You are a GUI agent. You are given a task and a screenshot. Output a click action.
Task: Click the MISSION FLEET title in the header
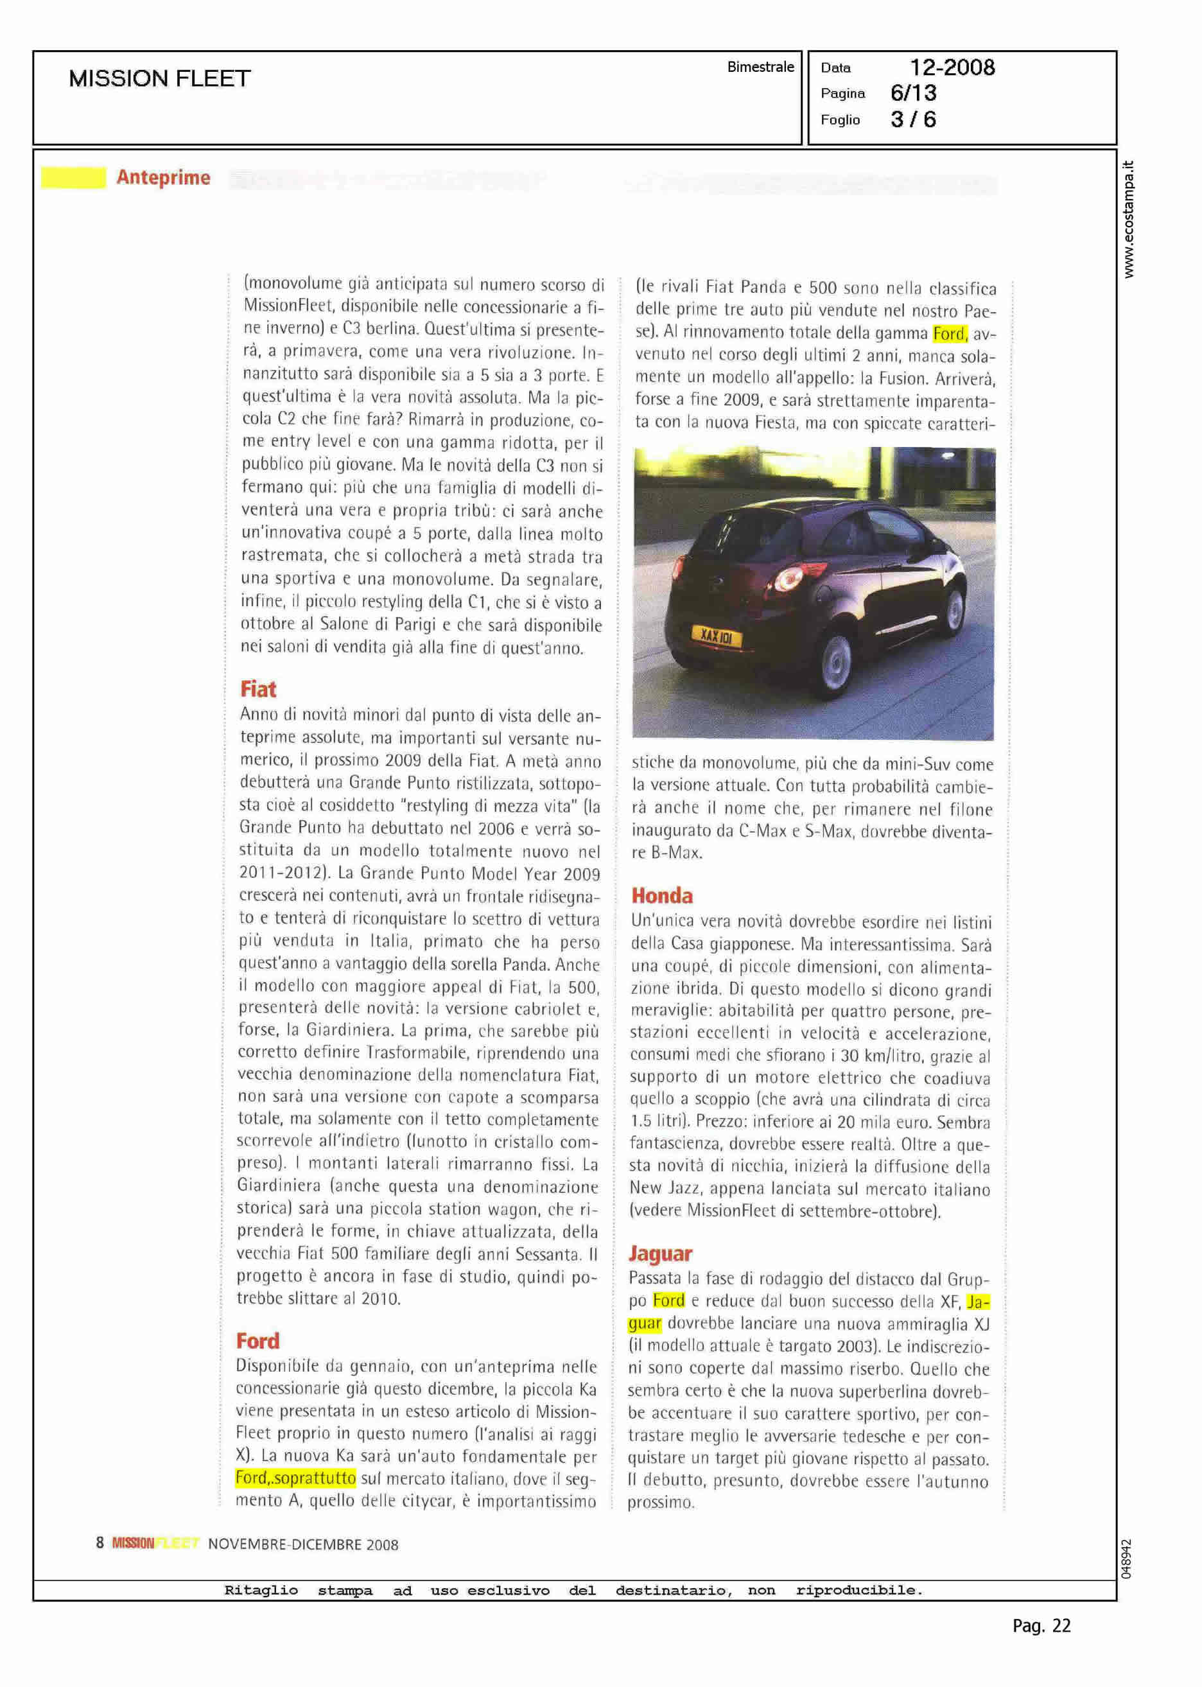(160, 78)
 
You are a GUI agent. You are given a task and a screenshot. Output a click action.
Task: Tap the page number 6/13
(913, 93)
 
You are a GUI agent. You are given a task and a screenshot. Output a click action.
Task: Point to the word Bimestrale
(760, 67)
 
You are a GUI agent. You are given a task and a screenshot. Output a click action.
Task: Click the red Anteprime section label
(163, 178)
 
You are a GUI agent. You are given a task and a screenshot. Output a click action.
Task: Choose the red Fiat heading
(257, 689)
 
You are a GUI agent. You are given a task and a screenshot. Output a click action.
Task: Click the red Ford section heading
(257, 1341)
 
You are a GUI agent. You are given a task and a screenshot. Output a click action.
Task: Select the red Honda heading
(662, 896)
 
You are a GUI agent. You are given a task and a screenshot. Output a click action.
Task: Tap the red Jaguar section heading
(660, 1254)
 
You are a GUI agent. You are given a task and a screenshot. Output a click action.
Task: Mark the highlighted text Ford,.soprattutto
(295, 1478)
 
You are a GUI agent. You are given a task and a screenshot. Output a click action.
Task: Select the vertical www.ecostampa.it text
(1128, 220)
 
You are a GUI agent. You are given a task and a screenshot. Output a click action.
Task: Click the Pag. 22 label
(1041, 1647)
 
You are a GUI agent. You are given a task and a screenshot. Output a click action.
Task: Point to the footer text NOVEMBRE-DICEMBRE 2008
(302, 1544)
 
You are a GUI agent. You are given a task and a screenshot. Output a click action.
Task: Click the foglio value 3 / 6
(912, 120)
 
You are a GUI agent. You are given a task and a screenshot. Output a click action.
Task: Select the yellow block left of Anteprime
(73, 178)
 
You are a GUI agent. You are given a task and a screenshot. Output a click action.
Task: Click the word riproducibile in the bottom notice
(859, 1590)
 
